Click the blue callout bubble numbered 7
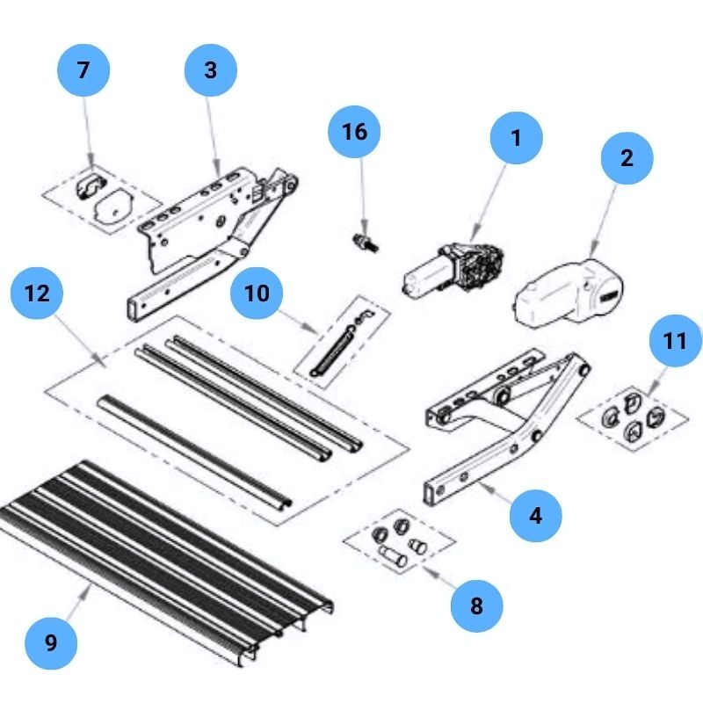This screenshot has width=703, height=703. click(83, 69)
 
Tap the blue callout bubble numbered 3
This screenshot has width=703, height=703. click(210, 69)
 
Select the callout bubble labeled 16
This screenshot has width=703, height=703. click(354, 132)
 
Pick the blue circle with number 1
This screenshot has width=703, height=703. click(516, 138)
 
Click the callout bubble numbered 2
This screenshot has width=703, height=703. click(627, 158)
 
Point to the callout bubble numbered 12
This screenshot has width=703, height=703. click(37, 294)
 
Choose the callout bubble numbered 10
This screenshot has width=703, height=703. click(257, 292)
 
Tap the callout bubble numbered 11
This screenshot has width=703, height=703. click(675, 341)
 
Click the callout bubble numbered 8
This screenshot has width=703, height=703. click(476, 605)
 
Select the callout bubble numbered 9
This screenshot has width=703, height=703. click(50, 642)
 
